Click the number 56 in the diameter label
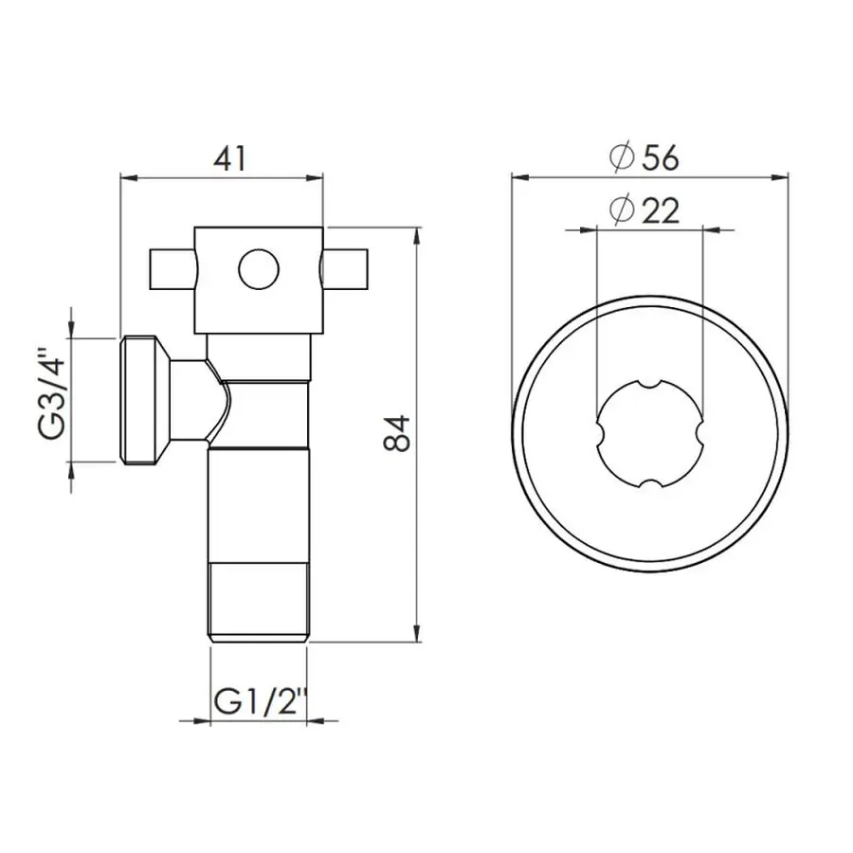coord(660,158)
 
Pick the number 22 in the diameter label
coord(660,210)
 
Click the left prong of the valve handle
coord(171,269)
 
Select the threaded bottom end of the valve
coord(259,602)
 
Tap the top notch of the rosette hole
coord(649,384)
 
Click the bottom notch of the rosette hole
coord(649,486)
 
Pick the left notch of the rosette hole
coord(599,435)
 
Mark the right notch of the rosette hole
coord(700,435)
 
